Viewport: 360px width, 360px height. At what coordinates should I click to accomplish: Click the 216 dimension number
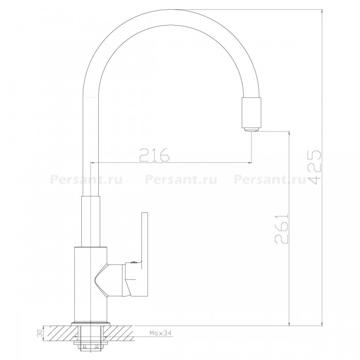154,155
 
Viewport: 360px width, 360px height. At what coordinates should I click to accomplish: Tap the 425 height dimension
314,167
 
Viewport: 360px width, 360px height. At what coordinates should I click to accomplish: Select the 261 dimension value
281,229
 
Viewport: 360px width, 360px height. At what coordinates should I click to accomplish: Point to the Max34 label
160,333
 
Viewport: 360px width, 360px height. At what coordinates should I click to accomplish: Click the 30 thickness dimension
39,333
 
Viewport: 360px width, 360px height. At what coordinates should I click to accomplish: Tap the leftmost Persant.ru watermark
86,179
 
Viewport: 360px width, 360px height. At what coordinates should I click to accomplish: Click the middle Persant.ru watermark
181,179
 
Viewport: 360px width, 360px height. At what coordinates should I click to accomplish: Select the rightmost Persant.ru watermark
270,179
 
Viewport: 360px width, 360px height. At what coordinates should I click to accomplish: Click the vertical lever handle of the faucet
145,250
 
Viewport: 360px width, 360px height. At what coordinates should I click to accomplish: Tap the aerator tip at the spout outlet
251,130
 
